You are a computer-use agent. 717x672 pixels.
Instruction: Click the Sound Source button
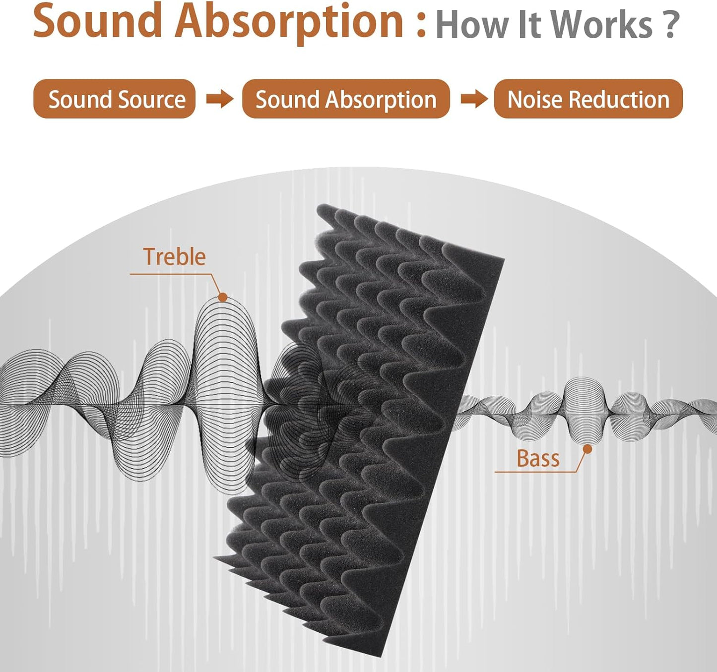pos(114,99)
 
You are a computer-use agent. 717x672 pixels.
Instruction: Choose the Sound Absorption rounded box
pos(346,99)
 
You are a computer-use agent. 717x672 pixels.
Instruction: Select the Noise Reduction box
pos(588,99)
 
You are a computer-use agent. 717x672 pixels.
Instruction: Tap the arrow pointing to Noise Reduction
pos(474,99)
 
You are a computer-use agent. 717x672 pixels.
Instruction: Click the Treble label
pos(174,257)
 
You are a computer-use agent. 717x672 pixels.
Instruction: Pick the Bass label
pos(538,459)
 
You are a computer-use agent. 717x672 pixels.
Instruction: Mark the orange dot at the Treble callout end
pos(223,297)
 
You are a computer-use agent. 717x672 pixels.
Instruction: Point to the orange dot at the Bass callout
pos(587,449)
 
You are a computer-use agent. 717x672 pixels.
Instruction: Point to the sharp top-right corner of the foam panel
pos(503,259)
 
